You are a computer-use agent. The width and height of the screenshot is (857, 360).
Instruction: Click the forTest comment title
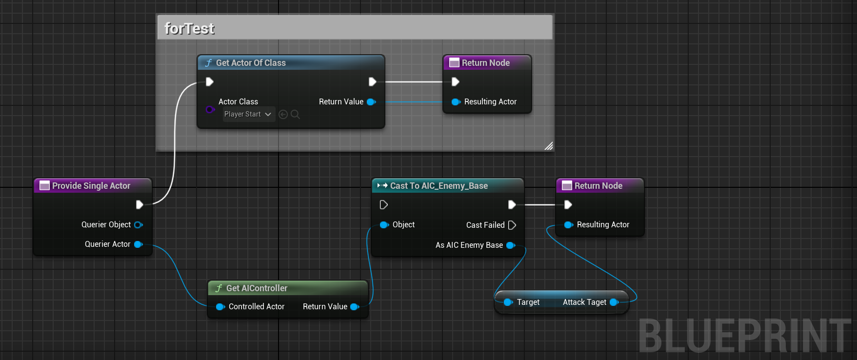(x=190, y=29)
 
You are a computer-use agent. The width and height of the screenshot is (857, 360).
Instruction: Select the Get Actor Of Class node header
(x=251, y=63)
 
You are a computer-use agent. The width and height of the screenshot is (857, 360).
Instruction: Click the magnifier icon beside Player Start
(x=295, y=114)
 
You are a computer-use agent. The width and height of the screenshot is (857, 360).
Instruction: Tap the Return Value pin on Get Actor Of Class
(x=371, y=102)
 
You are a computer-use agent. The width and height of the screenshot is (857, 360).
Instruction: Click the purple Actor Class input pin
(x=210, y=109)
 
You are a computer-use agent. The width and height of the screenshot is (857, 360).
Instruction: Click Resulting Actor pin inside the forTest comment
(x=456, y=102)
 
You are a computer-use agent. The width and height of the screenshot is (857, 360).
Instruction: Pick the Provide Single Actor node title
(x=91, y=186)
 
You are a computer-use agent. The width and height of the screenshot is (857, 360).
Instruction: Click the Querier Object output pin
(x=138, y=225)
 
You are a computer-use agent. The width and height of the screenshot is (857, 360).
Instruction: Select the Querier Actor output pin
(x=138, y=244)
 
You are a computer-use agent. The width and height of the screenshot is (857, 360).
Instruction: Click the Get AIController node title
(x=257, y=288)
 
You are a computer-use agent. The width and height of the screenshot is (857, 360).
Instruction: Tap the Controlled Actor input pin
(x=220, y=307)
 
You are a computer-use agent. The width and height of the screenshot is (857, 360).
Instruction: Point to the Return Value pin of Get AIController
(x=355, y=307)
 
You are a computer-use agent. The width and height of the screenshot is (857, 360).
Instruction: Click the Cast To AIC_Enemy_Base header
(x=438, y=186)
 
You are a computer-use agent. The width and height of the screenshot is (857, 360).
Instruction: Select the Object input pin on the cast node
(x=384, y=225)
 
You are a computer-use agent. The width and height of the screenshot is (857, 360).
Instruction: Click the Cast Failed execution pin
(x=512, y=225)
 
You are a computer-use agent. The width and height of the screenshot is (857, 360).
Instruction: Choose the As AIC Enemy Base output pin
(x=511, y=245)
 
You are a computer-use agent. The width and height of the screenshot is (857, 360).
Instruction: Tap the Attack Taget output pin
(x=614, y=302)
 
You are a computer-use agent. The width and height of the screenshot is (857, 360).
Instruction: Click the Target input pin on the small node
(x=508, y=302)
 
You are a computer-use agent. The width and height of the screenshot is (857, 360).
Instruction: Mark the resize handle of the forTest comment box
(x=549, y=146)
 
